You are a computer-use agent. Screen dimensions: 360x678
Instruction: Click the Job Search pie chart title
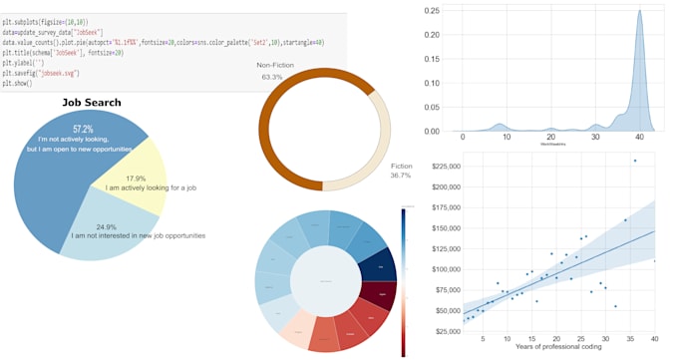click(x=91, y=102)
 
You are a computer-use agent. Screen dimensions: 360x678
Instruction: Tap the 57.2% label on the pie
click(x=83, y=129)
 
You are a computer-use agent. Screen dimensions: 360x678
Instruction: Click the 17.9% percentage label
click(x=135, y=178)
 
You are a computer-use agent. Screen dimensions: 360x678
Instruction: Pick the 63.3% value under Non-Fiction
click(x=271, y=77)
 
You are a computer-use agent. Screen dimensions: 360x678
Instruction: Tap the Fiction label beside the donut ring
click(x=401, y=166)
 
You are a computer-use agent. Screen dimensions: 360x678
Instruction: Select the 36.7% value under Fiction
click(x=400, y=176)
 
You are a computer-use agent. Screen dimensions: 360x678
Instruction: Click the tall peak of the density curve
click(x=640, y=30)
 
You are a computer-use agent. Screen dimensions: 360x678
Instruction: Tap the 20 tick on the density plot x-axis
click(x=550, y=137)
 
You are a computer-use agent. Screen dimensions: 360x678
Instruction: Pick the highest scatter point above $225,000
click(x=634, y=161)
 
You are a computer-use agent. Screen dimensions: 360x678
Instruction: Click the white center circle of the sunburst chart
click(x=326, y=281)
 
